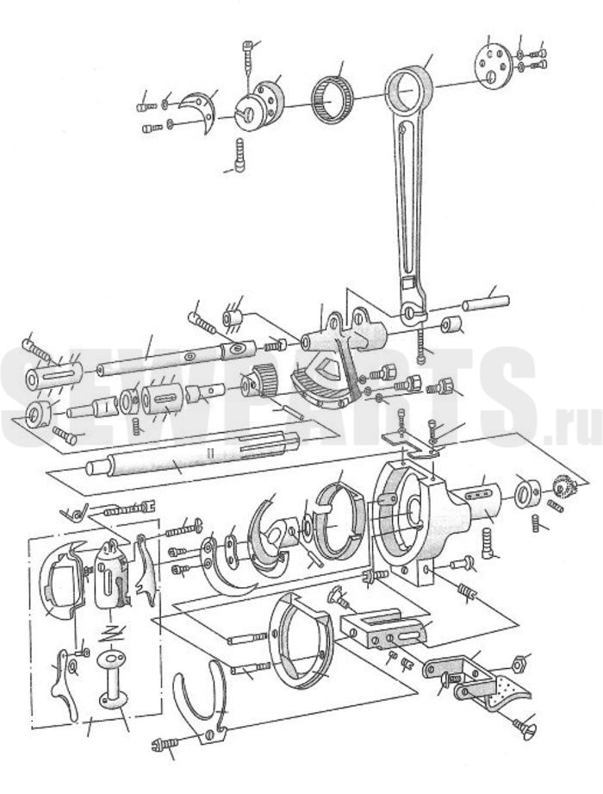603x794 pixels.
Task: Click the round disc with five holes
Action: click(x=491, y=66)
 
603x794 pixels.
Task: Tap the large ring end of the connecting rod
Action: click(x=408, y=90)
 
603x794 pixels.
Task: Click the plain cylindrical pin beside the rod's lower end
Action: click(x=486, y=302)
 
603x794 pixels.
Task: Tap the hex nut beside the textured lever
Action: click(x=519, y=663)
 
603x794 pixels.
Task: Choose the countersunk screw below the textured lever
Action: click(x=524, y=728)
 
